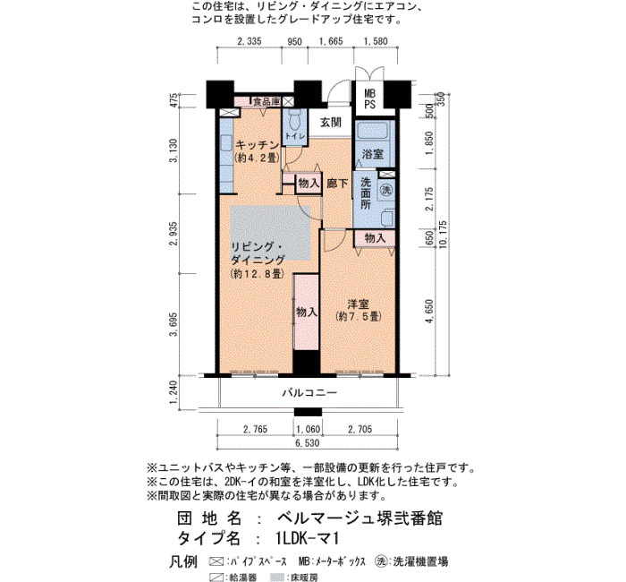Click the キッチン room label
pos(258,144)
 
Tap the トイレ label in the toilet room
pos(294,136)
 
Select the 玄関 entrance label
pos(331,123)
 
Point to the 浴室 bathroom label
pos(372,154)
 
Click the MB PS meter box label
pos(369,99)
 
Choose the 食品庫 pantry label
pos(266,101)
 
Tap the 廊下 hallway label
pos(337,184)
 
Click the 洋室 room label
pos(358,304)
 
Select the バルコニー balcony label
pos(309,392)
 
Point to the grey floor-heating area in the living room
pos(270,233)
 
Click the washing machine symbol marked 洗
pos(386,190)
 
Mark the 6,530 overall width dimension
pos(308,443)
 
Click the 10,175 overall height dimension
pos(444,235)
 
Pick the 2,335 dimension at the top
pos(250,41)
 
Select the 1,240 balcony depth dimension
pos(173,392)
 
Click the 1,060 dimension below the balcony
pos(309,429)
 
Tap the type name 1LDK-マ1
pos(308,538)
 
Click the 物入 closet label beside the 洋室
pos(307,312)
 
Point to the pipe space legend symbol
pos(216,561)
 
